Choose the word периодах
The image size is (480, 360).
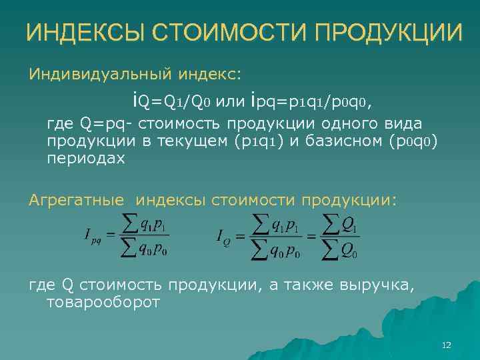(x=85, y=159)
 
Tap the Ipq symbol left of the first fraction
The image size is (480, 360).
(x=91, y=236)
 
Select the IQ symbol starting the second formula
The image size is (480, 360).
(x=224, y=236)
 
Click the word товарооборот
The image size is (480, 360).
(x=103, y=303)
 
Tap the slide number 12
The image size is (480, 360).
(x=447, y=345)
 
